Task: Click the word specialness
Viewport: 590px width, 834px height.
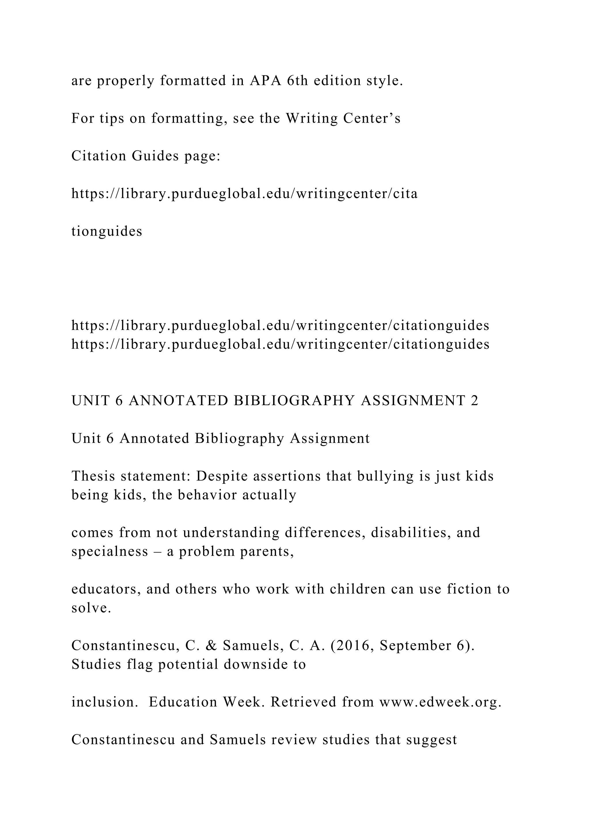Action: (110, 551)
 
